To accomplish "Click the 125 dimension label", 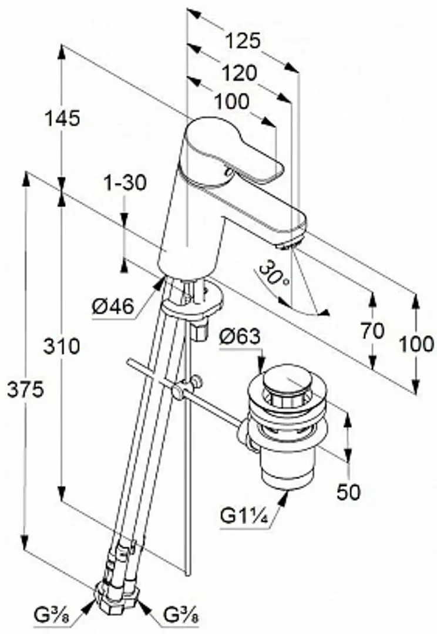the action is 242,41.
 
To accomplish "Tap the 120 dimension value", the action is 240,73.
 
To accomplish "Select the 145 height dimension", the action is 62,119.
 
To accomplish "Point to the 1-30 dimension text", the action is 126,183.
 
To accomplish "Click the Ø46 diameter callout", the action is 113,307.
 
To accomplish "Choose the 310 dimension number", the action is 62,346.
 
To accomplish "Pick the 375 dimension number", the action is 25,390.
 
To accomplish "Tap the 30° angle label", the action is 275,274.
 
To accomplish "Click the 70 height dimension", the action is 372,331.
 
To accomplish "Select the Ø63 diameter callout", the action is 240,336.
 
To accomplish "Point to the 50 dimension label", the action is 348,492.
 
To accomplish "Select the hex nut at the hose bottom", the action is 119,594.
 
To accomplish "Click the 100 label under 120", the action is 231,102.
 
